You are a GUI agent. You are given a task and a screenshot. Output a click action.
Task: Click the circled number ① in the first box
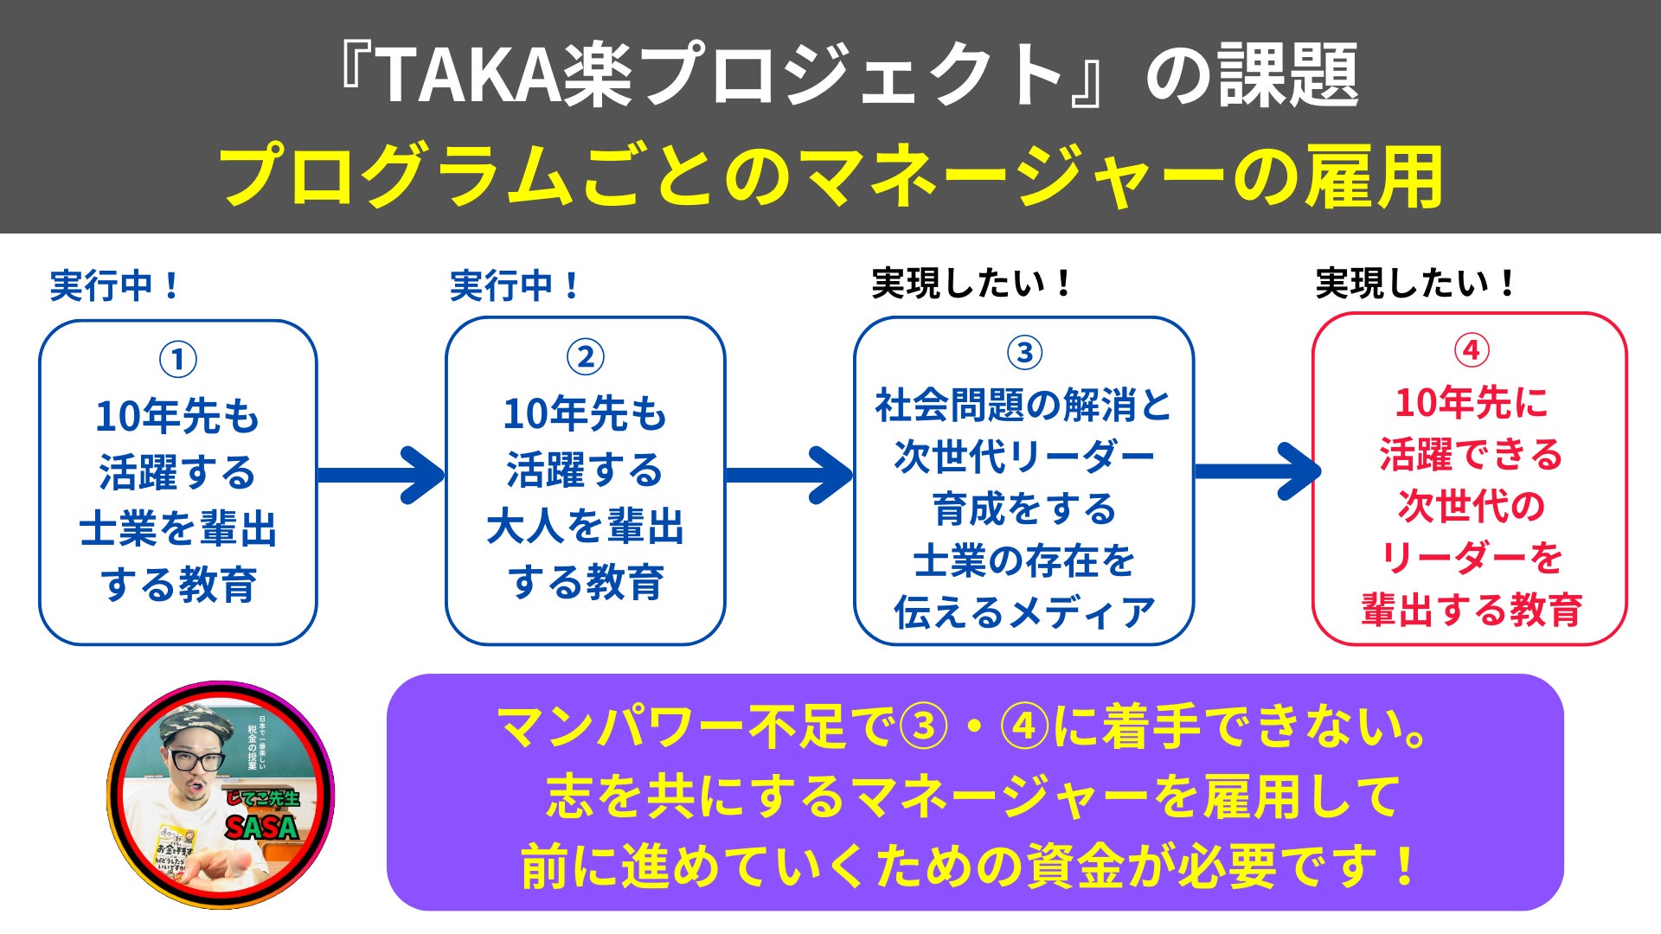(178, 359)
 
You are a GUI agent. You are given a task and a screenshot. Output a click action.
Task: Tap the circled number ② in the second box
(586, 356)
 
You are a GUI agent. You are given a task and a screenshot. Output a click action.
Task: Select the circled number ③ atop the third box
(1024, 352)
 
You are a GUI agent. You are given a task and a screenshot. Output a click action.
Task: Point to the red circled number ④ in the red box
(1471, 350)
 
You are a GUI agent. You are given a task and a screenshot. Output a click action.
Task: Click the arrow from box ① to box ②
(381, 475)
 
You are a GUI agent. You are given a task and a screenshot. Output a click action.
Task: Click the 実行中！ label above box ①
(114, 285)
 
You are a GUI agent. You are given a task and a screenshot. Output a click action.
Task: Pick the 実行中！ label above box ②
(515, 285)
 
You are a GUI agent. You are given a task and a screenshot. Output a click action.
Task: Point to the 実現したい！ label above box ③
(972, 284)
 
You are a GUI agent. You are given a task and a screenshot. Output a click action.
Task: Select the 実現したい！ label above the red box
(1415, 284)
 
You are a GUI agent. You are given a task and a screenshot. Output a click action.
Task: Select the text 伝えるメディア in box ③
(1024, 613)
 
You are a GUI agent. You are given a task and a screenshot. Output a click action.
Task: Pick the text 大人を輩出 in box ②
(586, 527)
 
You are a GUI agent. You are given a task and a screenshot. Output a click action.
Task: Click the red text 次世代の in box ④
(1471, 506)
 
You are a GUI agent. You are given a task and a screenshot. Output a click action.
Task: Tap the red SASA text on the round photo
(261, 828)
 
